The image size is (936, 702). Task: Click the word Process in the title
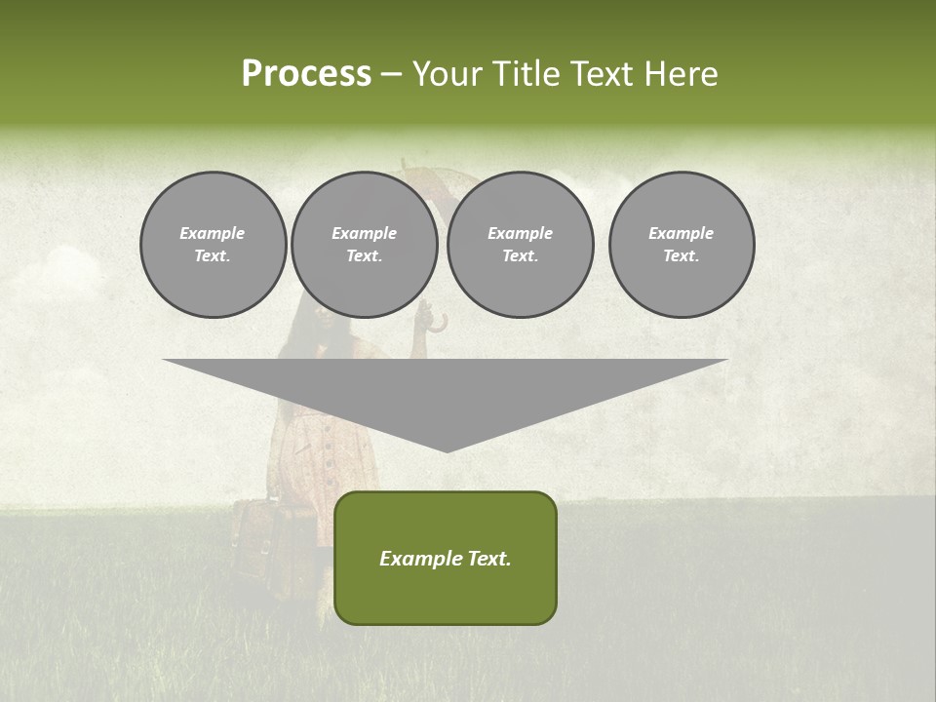coord(306,74)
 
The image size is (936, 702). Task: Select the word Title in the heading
coord(527,74)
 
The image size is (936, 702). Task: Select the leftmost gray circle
coord(213,245)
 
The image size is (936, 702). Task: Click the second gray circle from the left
coord(364,245)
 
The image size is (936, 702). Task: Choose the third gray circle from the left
coord(520,245)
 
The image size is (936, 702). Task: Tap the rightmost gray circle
coord(681,245)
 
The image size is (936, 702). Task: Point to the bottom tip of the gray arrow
coord(446,449)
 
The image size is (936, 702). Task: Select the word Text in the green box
coord(487,559)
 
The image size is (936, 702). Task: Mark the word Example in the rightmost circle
coord(681,233)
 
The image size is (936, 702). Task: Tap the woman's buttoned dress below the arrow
coord(331,468)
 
